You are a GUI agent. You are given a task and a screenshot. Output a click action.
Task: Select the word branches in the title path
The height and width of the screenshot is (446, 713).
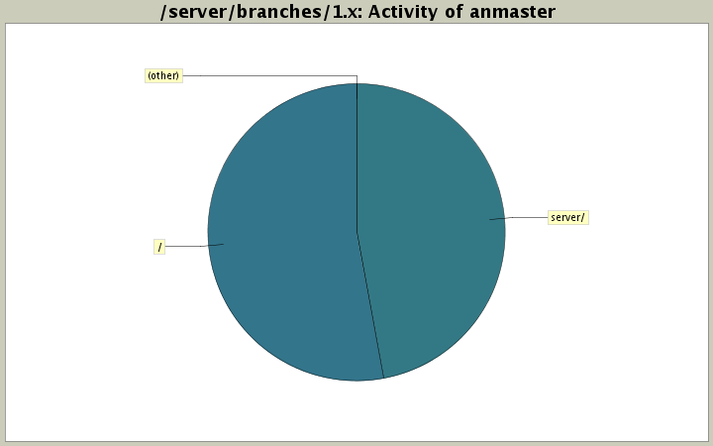(260, 12)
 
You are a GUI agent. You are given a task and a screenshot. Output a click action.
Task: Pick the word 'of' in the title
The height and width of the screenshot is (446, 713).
(455, 12)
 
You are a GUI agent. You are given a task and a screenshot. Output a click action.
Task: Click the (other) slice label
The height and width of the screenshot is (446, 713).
(163, 75)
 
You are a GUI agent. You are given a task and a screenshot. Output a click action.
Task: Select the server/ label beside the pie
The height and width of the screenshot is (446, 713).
(568, 217)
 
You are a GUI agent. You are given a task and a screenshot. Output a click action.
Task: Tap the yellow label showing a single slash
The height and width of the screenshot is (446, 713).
(159, 246)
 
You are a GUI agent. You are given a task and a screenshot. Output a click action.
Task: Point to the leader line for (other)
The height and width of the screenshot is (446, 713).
(267, 75)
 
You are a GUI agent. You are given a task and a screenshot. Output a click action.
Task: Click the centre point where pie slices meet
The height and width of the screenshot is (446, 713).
(356, 232)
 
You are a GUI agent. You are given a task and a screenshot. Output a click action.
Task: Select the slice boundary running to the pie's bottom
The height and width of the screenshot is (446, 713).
(370, 307)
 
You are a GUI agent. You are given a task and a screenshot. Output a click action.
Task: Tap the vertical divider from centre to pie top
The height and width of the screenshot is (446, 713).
(356, 159)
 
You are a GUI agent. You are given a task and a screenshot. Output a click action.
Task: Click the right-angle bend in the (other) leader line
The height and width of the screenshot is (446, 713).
(356, 75)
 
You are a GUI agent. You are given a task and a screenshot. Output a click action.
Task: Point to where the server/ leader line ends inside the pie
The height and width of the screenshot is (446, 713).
(490, 219)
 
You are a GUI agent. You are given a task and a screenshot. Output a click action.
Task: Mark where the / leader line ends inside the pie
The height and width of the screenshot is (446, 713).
(224, 244)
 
